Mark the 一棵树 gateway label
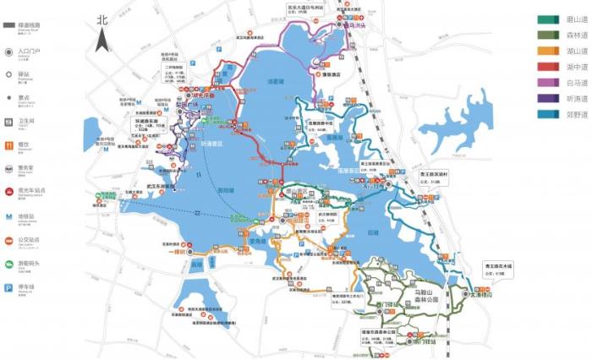click(x=177, y=251)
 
